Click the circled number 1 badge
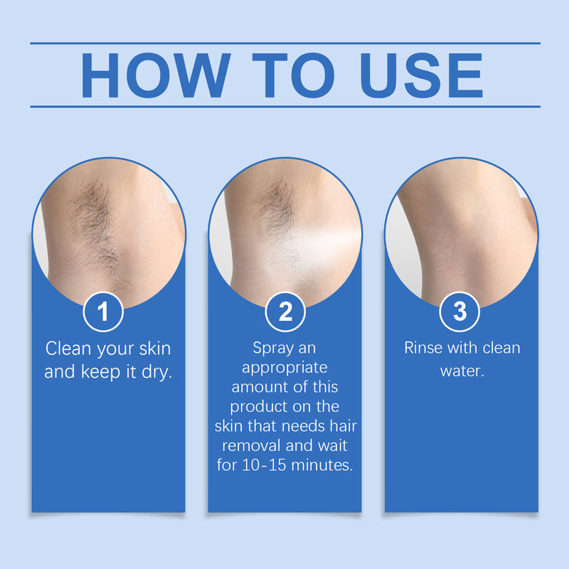coord(104,312)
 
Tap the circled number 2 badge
coord(284,312)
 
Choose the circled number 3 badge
coord(460,312)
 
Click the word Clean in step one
coord(68,349)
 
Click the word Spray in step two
coord(274,349)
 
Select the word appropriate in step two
coord(284,368)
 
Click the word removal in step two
coord(250,447)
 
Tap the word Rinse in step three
coord(425,349)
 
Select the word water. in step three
coord(462,371)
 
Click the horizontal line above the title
coord(284,43)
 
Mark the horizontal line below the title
coord(284,107)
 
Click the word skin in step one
coord(153,349)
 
